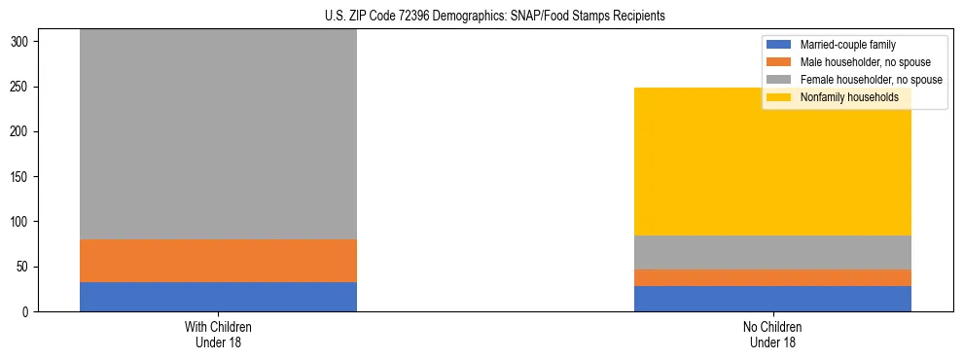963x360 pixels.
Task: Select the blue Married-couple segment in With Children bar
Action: tap(218, 297)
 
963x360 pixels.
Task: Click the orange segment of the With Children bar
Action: tap(218, 261)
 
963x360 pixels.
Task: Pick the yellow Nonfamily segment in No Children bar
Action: tap(772, 162)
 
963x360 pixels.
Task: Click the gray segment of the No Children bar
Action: tap(772, 252)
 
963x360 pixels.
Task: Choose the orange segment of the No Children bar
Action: tap(772, 277)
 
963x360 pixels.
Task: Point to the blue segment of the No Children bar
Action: tap(772, 299)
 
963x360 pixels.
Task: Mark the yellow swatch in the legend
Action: tap(779, 97)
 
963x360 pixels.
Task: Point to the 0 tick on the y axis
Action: tap(26, 311)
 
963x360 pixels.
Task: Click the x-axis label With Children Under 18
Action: tap(218, 334)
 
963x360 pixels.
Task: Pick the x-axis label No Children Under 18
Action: tap(772, 334)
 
